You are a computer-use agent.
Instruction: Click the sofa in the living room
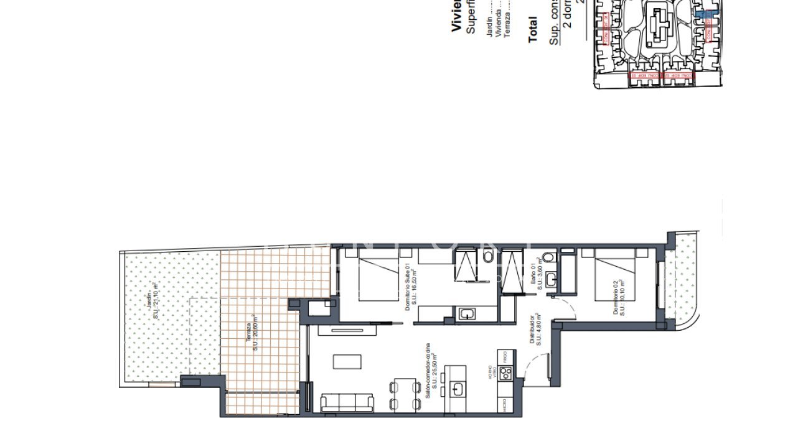pyautogui.click(x=347, y=402)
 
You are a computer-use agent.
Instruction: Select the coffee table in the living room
pyautogui.click(x=347, y=362)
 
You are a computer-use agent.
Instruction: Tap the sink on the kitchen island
pyautogui.click(x=458, y=389)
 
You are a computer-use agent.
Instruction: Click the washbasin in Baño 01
pyautogui.click(x=550, y=280)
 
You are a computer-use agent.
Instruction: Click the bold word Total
pyautogui.click(x=532, y=30)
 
